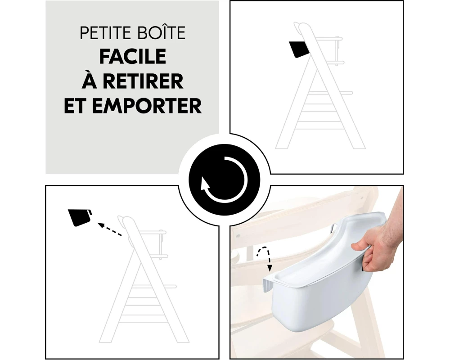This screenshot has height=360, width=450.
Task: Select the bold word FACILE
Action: [x=133, y=56]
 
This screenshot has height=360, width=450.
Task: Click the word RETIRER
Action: [x=143, y=81]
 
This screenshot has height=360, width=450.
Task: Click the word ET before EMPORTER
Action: [x=75, y=106]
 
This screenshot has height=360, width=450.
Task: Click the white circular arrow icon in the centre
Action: [x=224, y=180]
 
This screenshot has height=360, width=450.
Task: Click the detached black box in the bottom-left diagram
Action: [x=80, y=217]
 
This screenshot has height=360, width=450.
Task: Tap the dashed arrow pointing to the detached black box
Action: [x=110, y=229]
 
